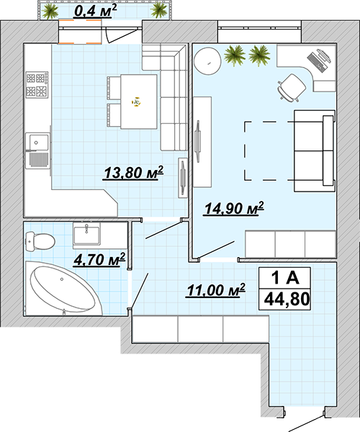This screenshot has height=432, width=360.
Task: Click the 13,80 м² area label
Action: click(133, 173)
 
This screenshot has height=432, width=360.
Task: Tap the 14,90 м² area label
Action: click(233, 208)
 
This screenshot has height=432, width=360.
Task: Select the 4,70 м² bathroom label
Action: click(99, 259)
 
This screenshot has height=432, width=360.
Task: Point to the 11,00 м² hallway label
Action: click(216, 290)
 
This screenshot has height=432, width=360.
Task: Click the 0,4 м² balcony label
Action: click(95, 12)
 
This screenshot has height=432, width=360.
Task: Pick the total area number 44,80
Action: click(287, 299)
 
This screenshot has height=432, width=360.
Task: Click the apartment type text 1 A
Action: click(285, 278)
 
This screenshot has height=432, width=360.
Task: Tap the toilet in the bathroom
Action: click(40, 241)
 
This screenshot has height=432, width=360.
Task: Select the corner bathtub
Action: click(63, 288)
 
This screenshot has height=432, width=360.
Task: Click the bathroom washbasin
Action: click(86, 233)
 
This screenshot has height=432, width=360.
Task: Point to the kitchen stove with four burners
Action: click(37, 84)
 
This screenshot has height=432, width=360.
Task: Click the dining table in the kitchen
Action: click(138, 102)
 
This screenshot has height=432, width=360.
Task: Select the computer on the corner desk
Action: click(319, 60)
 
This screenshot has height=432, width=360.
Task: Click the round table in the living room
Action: click(207, 61)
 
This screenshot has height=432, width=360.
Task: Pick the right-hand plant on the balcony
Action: click(158, 11)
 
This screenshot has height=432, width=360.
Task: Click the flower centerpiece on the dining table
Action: click(136, 102)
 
